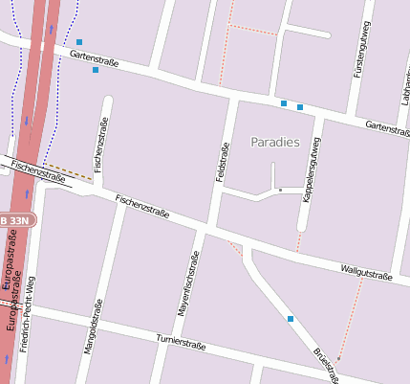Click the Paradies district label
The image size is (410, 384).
(275, 142)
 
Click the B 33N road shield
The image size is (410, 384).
(16, 220)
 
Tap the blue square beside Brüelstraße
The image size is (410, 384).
(291, 318)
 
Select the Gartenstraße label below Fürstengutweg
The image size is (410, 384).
(387, 127)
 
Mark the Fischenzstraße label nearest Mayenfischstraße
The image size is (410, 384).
(141, 206)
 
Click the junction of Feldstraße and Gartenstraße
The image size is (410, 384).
(231, 97)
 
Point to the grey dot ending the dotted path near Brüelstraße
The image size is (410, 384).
(337, 359)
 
